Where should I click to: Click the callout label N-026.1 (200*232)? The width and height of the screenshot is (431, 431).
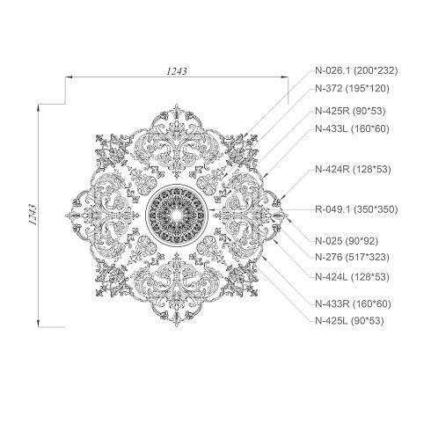coord(356,70)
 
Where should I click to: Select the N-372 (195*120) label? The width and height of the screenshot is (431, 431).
coord(352,88)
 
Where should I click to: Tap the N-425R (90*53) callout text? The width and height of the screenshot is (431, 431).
coord(350,111)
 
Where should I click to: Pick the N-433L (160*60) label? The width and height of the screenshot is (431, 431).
coord(352,128)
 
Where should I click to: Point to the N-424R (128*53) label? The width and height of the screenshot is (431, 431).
coord(353,169)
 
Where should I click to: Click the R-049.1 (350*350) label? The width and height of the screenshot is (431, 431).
coord(356,209)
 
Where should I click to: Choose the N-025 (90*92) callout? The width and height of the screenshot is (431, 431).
coord(347,241)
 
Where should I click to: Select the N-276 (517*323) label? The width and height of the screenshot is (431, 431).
coord(352,257)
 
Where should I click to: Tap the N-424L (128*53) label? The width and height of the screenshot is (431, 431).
coord(352,277)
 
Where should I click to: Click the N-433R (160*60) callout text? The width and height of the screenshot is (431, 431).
coord(353,303)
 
